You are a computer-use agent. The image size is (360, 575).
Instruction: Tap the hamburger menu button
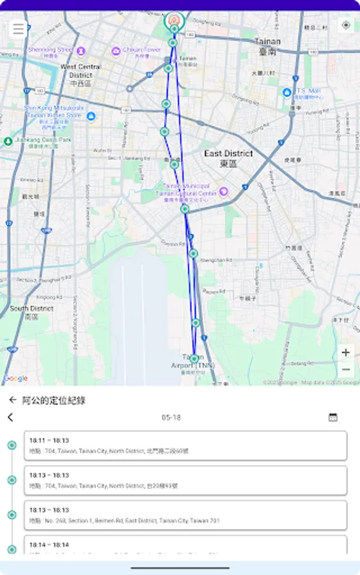19,29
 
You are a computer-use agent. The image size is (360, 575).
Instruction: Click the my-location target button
346,26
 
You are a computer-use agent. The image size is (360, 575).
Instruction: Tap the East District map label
228,158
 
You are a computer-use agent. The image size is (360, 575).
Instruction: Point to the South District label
31,311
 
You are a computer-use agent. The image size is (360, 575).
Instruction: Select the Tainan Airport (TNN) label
193,362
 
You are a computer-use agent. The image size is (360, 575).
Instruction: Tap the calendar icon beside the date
333,417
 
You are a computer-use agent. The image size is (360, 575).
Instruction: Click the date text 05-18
171,417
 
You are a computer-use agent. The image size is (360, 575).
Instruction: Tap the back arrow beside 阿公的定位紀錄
12,401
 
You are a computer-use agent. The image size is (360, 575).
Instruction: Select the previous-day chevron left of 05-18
10,417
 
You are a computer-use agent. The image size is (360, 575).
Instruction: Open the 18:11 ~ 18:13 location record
185,445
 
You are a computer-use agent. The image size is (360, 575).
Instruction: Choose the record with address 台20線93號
185,480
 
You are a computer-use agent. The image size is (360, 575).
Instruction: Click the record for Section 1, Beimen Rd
185,515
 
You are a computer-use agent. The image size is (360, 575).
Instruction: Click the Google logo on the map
15,378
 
